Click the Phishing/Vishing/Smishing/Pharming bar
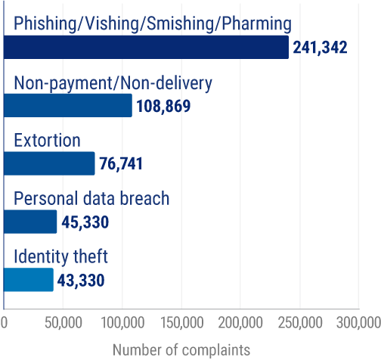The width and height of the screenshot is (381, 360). click(146, 48)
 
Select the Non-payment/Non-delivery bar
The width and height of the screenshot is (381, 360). click(68, 105)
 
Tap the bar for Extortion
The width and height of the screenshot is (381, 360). click(49, 163)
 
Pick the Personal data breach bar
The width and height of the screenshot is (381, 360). click(30, 222)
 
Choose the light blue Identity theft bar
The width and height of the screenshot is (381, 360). click(29, 280)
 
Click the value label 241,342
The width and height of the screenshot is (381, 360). click(320, 48)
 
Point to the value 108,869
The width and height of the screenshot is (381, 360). click(163, 105)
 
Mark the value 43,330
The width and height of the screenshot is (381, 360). click(79, 281)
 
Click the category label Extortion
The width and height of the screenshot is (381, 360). click(47, 141)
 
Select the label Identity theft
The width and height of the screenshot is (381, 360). click(61, 257)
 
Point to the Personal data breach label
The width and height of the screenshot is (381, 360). click(91, 199)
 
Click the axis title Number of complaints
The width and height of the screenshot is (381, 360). click(181, 350)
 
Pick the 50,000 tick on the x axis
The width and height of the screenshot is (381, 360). click(63, 324)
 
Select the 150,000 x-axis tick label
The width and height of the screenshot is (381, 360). click(181, 324)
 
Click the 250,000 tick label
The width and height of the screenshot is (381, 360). click(299, 324)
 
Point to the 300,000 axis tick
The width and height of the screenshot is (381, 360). click(358, 324)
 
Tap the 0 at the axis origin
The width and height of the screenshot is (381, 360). click(5, 324)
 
